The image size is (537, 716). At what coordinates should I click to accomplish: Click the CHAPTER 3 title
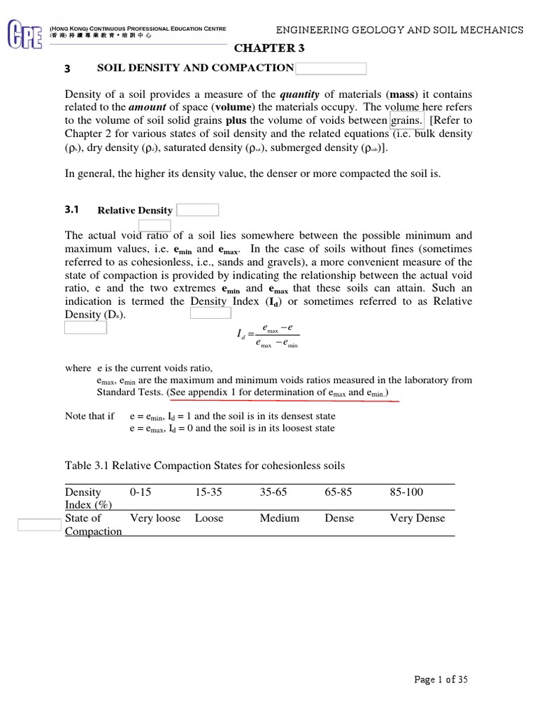[x=269, y=48]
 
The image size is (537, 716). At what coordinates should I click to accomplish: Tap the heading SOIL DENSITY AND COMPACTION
[x=195, y=68]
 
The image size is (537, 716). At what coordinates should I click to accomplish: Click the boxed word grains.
[x=407, y=120]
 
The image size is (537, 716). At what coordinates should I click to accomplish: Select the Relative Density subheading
[x=134, y=210]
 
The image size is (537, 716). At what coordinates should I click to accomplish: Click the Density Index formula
[x=269, y=336]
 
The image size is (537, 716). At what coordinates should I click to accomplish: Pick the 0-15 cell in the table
[x=141, y=492]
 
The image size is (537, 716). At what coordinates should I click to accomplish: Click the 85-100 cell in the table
[x=406, y=492]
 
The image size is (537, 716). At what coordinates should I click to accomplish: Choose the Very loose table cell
[x=155, y=518]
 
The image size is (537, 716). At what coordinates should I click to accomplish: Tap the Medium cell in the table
[x=279, y=518]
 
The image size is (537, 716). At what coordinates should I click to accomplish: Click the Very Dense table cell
[x=417, y=518]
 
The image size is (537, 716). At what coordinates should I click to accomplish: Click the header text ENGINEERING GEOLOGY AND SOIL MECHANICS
[x=399, y=30]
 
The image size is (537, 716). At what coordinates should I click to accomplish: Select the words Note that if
[x=89, y=416]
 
